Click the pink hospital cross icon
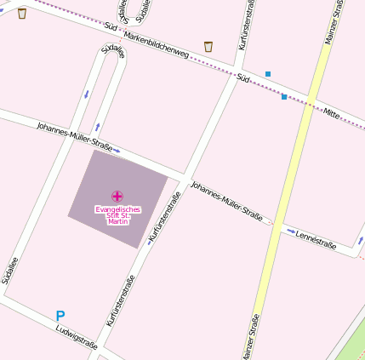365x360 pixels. pyautogui.click(x=117, y=197)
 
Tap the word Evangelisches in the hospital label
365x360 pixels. pyautogui.click(x=117, y=209)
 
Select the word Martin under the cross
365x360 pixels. pyautogui.click(x=117, y=221)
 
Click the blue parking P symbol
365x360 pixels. pyautogui.click(x=60, y=316)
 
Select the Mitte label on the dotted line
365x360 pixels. pyautogui.click(x=331, y=113)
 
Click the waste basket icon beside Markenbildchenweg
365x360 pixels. pyautogui.click(x=208, y=46)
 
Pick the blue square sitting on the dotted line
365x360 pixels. pyautogui.click(x=284, y=97)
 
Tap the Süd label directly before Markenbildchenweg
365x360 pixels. pyautogui.click(x=111, y=26)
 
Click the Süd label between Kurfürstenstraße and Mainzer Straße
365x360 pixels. pyautogui.click(x=243, y=78)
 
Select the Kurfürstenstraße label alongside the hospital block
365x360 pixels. pyautogui.click(x=165, y=218)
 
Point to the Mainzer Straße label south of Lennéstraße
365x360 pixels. pyautogui.click(x=250, y=337)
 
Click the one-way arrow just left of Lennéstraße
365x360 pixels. pyautogui.click(x=290, y=230)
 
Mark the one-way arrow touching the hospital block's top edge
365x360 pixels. pyautogui.click(x=116, y=151)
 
